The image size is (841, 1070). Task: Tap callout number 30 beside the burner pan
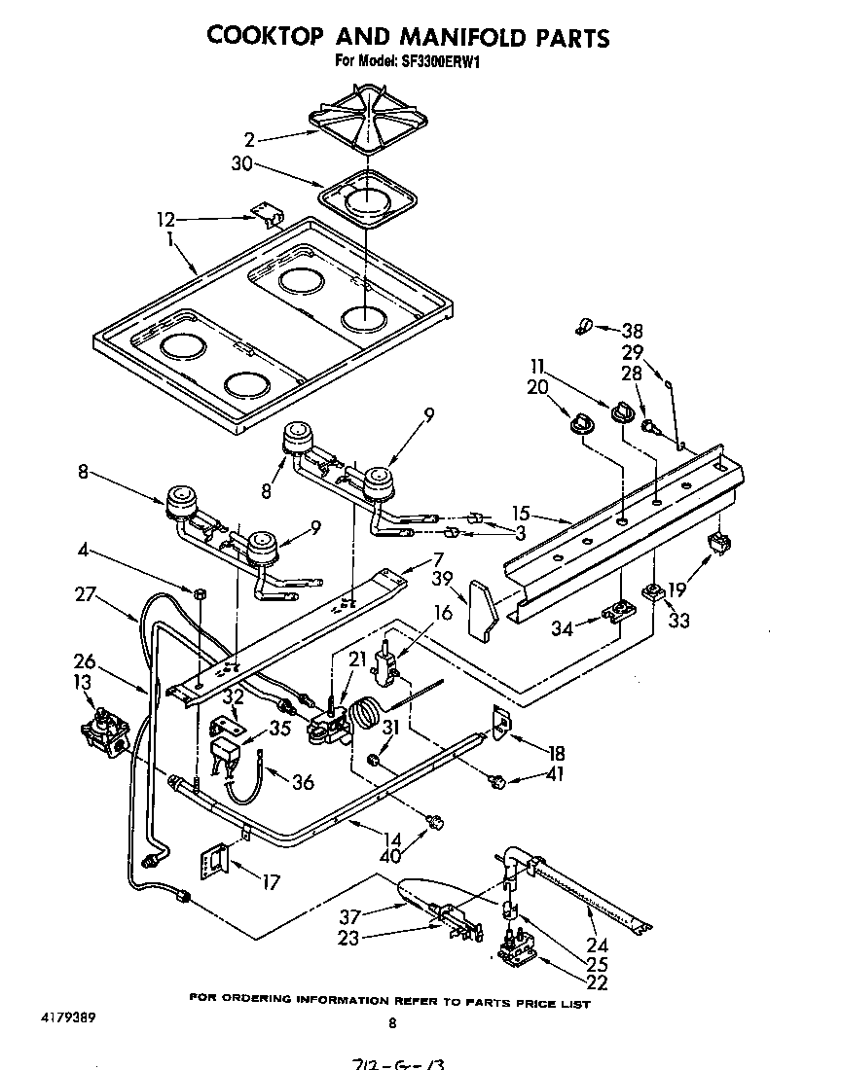(241, 164)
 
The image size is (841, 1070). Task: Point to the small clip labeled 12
(264, 212)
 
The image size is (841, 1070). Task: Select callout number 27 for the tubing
(87, 593)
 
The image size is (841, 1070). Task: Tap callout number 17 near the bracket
(271, 882)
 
